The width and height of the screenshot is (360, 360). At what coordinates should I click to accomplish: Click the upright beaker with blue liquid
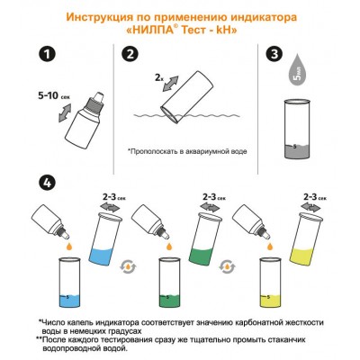point(71,283)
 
